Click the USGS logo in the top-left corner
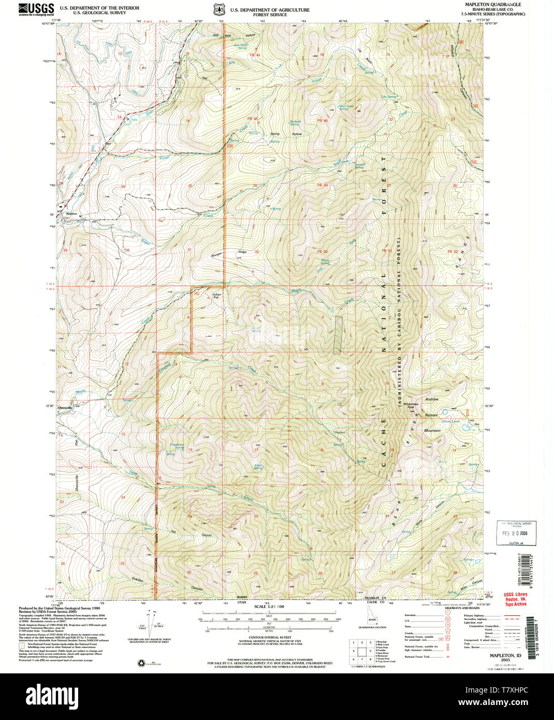36,9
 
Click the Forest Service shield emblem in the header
219,10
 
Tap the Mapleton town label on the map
71,213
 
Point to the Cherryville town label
66,407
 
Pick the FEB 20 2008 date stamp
514,532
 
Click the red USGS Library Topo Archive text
516,599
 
